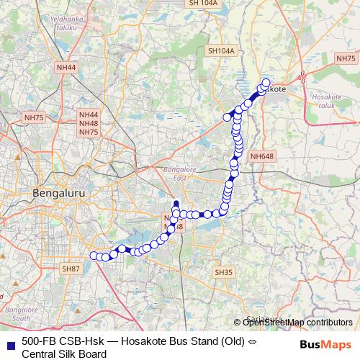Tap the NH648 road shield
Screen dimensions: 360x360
262,156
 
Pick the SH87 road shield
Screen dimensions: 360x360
71,269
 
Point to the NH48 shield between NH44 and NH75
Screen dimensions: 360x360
89,123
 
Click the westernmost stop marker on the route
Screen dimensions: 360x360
93,255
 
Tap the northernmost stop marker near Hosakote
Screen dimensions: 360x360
267,81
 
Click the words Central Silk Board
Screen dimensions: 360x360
64,354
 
